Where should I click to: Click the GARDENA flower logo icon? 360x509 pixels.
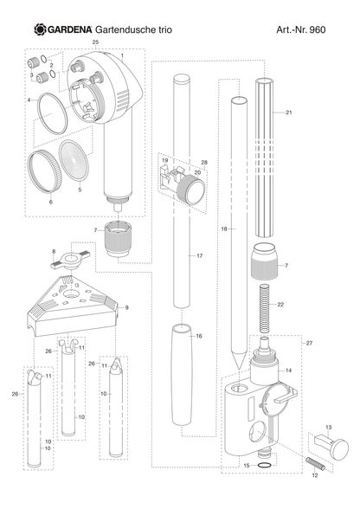click(x=41, y=29)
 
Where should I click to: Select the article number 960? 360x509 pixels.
click(x=317, y=29)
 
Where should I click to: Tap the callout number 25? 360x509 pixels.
click(x=95, y=42)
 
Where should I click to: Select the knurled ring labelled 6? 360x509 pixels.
click(x=44, y=171)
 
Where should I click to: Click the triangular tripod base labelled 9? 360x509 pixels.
click(x=72, y=305)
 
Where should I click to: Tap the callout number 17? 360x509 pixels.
click(x=199, y=256)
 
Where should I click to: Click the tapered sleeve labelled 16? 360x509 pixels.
click(x=182, y=374)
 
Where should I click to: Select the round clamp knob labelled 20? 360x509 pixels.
click(x=191, y=189)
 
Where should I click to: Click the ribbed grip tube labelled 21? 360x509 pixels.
click(x=265, y=158)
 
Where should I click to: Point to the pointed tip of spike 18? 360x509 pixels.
click(x=239, y=370)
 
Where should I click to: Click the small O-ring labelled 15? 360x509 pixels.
click(x=264, y=466)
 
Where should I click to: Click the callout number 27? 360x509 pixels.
click(x=309, y=343)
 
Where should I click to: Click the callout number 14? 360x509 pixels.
click(x=288, y=370)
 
